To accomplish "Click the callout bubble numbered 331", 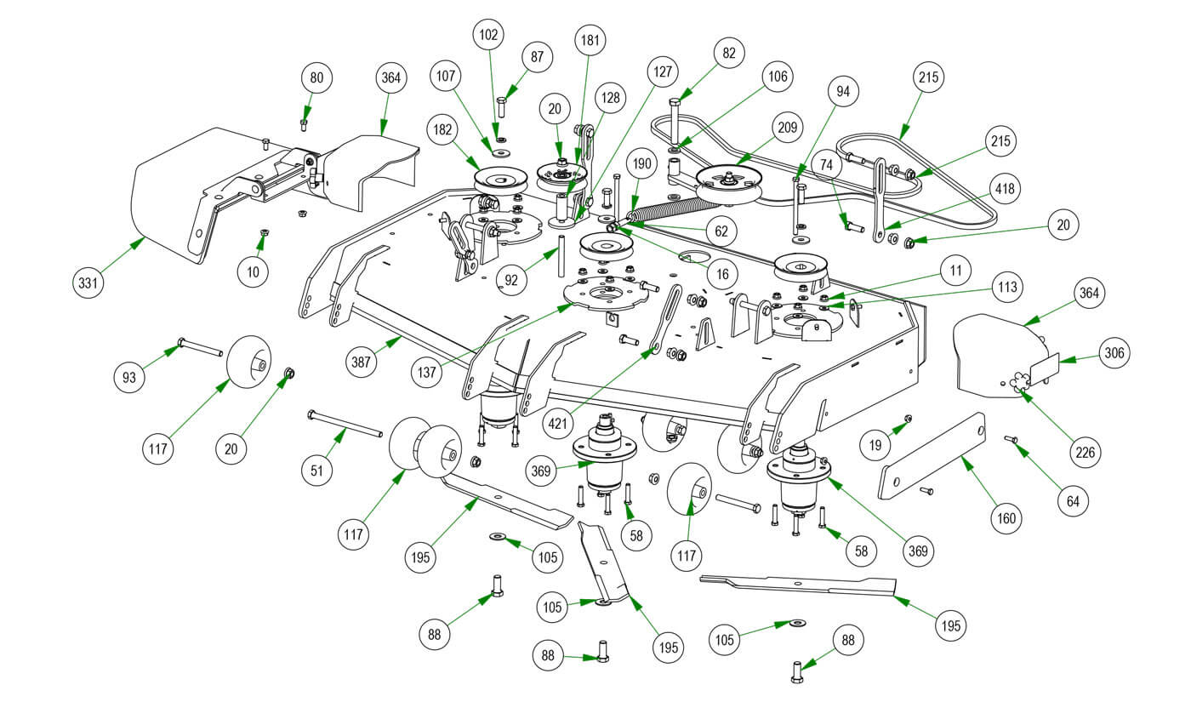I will (87, 281).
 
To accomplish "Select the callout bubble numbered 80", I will (316, 78).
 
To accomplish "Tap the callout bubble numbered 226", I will (1084, 452).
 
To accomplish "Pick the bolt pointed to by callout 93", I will (200, 347).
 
